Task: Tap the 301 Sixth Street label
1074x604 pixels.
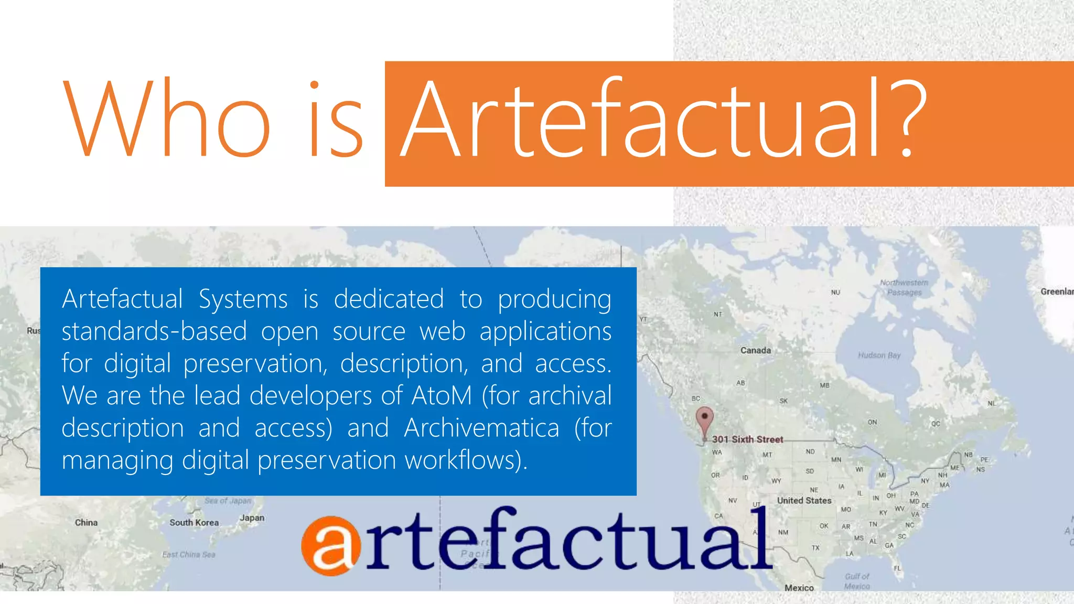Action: coord(747,439)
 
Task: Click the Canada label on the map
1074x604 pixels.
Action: coord(755,350)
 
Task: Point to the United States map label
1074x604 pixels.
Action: coord(804,501)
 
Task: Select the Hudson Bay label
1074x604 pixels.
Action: coord(879,355)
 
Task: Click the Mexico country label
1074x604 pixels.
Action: coord(799,588)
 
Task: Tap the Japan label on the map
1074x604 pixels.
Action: coord(252,518)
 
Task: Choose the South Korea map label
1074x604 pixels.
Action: coord(194,523)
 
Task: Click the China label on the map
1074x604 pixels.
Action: coord(86,523)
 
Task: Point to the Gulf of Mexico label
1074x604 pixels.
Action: coord(857,581)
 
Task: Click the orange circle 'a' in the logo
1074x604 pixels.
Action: coord(331,546)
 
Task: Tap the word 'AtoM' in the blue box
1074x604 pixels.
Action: coord(442,396)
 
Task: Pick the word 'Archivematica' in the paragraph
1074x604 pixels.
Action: coord(481,428)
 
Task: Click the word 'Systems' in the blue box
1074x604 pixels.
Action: coord(243,300)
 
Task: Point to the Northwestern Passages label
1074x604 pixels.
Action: coord(904,287)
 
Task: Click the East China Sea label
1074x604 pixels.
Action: coord(189,555)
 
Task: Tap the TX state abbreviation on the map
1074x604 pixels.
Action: coord(815,548)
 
